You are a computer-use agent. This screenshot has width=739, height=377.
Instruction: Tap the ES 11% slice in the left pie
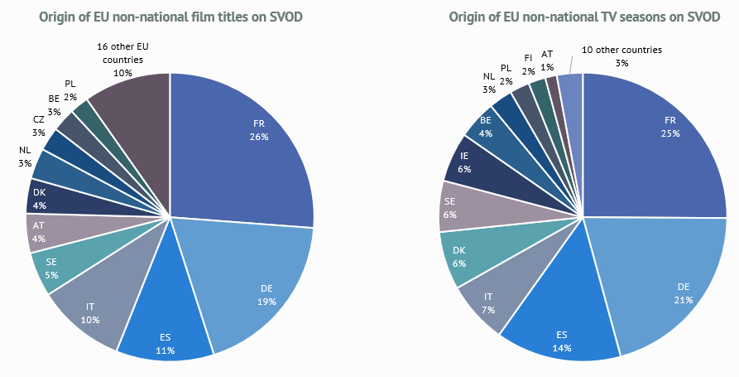[166, 331]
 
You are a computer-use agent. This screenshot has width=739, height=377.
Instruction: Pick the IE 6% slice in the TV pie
[468, 162]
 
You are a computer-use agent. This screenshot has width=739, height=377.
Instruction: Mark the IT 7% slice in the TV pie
[488, 300]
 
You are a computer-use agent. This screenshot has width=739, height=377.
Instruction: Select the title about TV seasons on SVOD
[584, 17]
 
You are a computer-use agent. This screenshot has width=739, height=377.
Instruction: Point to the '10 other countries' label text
[621, 51]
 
